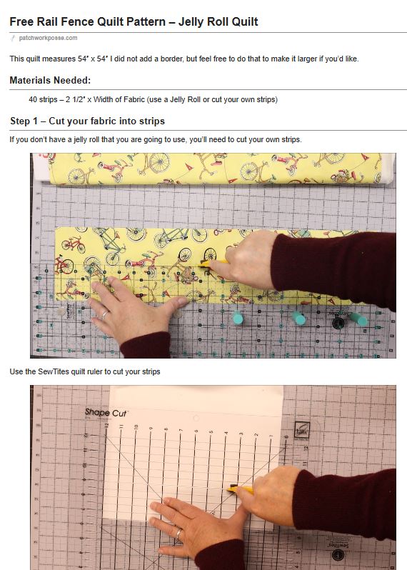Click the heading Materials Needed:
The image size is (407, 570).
pos(50,80)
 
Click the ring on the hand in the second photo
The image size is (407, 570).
pos(179,533)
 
